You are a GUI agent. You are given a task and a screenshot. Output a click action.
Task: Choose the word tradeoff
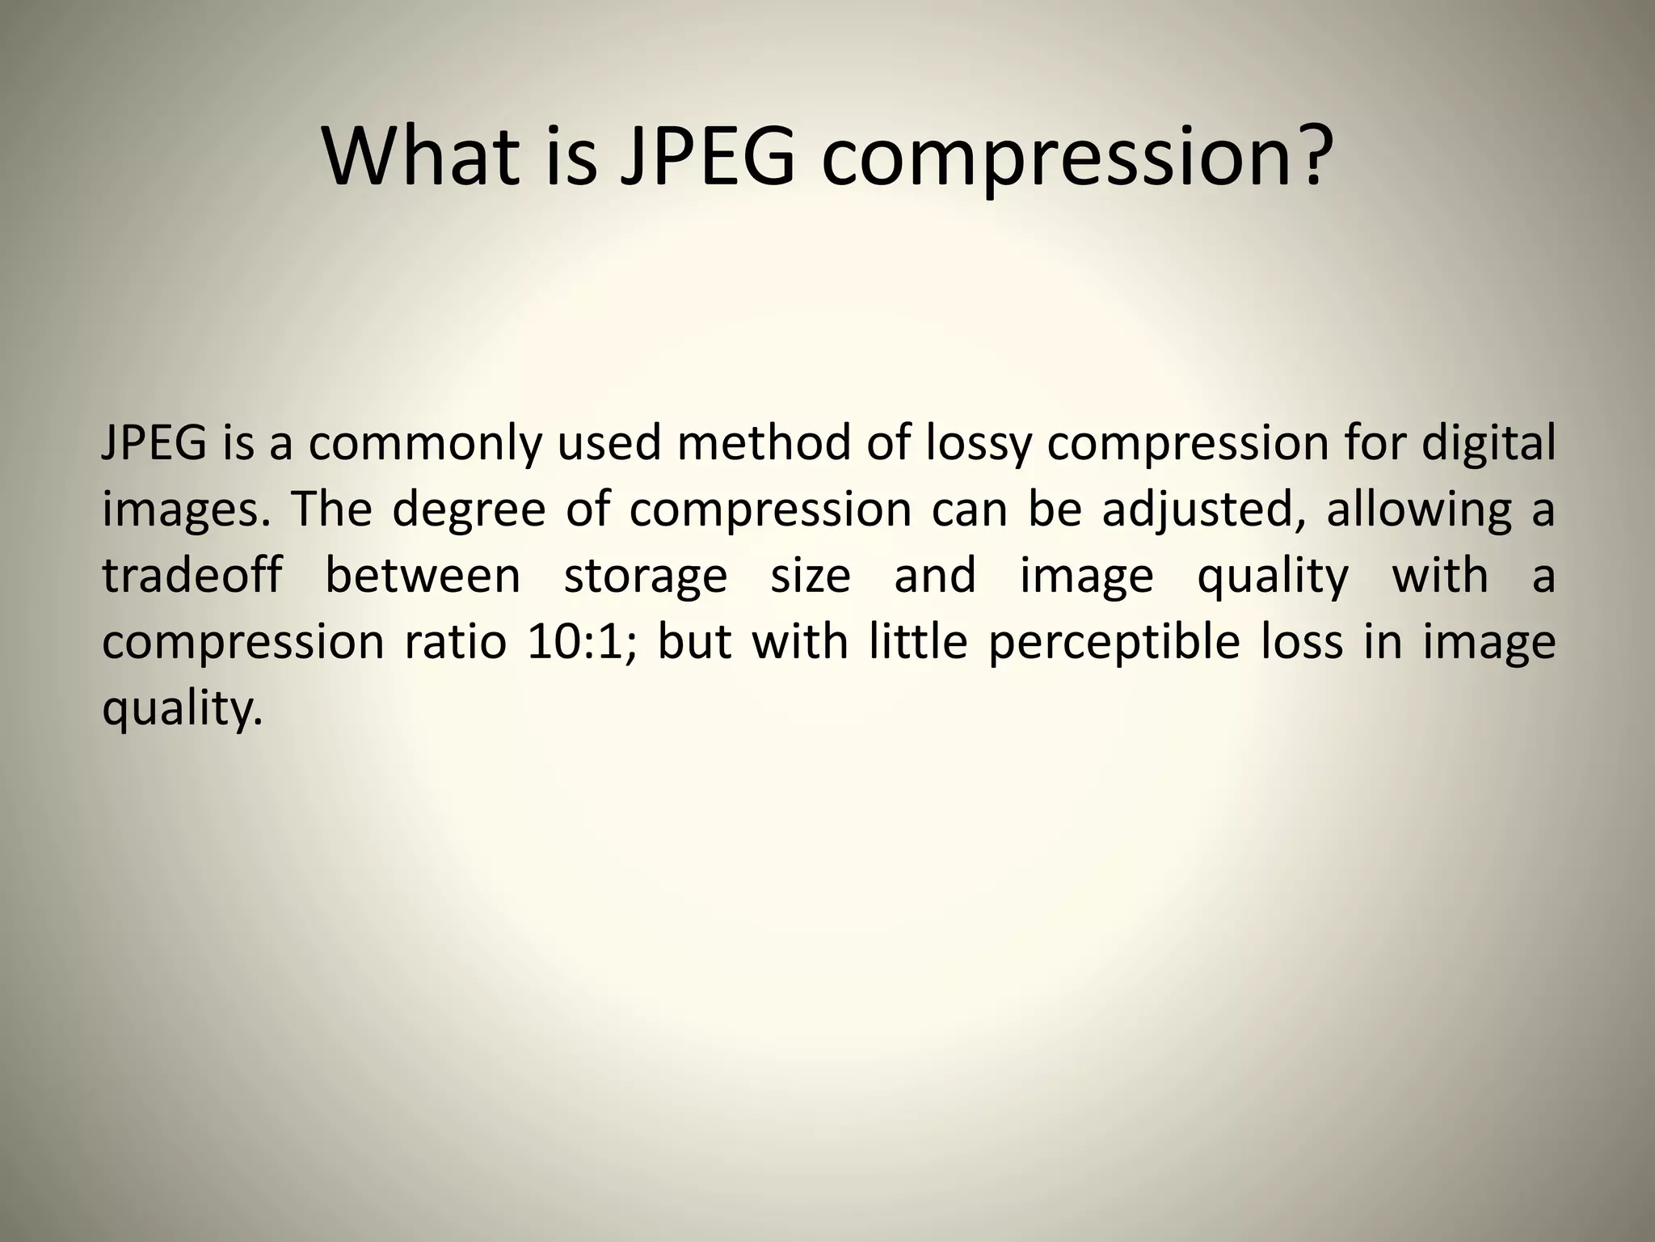[x=192, y=576]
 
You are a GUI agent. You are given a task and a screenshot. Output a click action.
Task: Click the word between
[x=423, y=576]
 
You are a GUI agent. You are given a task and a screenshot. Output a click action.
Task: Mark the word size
[x=811, y=576]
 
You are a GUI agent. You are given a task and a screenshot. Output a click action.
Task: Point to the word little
[x=918, y=642]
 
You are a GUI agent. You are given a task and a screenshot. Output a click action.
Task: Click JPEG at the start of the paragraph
[x=154, y=445]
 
